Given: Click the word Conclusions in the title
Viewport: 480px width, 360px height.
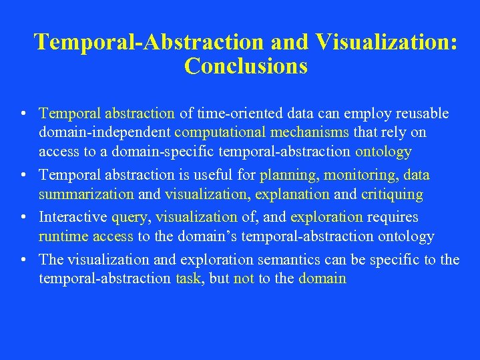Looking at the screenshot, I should pyautogui.click(x=246, y=66).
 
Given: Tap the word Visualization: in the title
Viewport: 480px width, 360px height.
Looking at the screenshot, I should pyautogui.click(x=387, y=41).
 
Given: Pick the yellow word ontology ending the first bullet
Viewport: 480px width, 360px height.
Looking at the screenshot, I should pyautogui.click(x=383, y=152).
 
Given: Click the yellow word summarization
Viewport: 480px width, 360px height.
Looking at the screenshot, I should pyautogui.click(x=86, y=194).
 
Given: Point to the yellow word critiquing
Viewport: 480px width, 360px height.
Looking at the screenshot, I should pyautogui.click(x=392, y=194).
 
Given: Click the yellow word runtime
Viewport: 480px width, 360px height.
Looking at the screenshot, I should pyautogui.click(x=63, y=236).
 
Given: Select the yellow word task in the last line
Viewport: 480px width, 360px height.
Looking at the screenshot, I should pyautogui.click(x=189, y=279).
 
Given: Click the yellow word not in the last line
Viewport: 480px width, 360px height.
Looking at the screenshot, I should pyautogui.click(x=244, y=279).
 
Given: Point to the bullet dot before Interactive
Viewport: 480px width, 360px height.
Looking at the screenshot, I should pyautogui.click(x=23, y=218).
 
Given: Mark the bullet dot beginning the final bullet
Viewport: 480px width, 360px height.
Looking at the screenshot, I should pyautogui.click(x=23, y=260).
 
